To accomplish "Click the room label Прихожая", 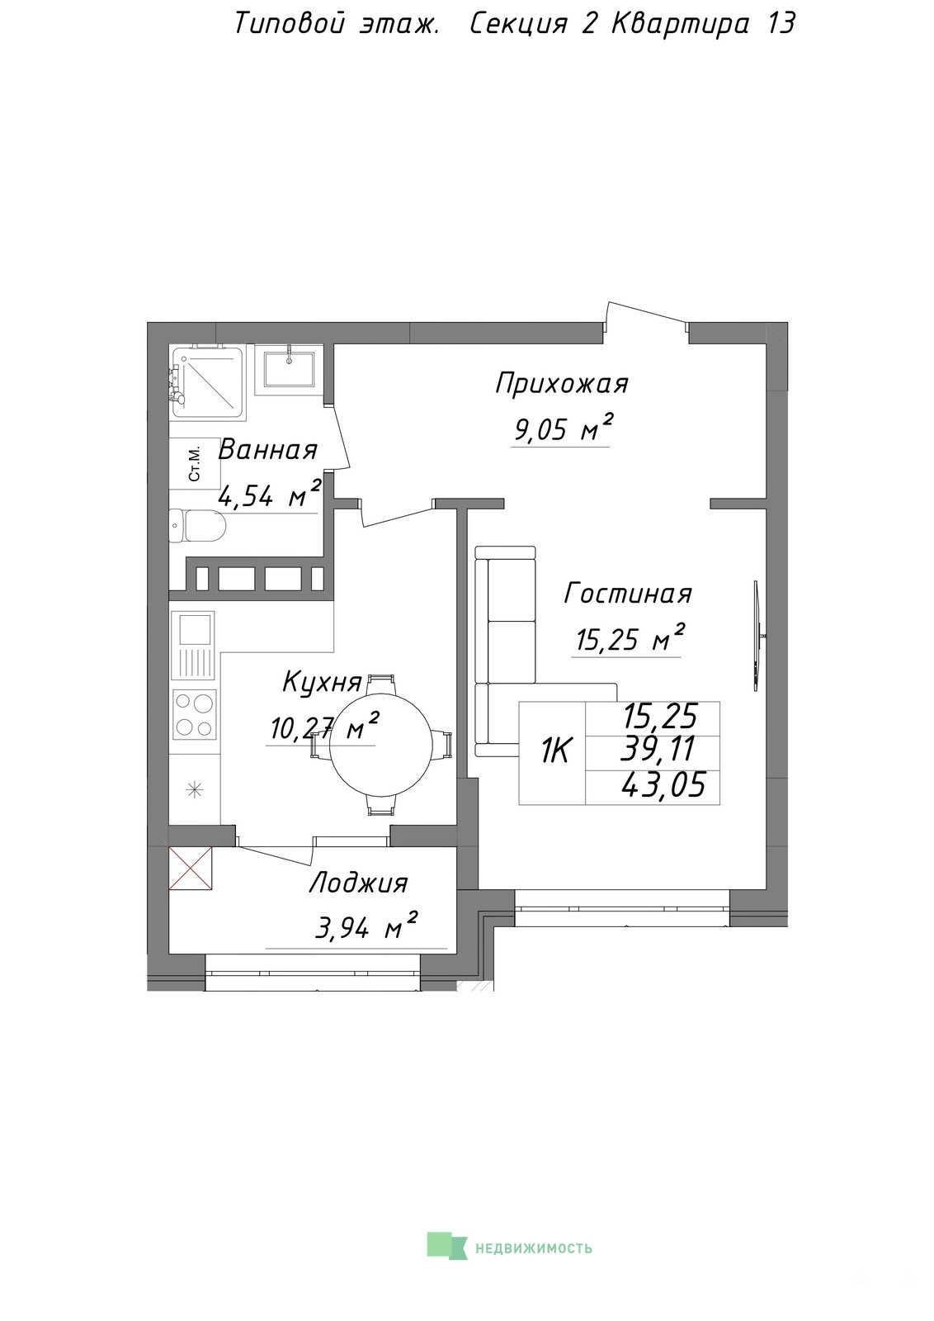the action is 562,385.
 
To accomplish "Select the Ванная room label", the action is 267,450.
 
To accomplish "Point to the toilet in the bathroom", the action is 197,526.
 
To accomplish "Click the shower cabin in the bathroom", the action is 207,384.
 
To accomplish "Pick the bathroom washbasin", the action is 289,370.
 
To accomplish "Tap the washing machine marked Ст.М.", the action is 195,463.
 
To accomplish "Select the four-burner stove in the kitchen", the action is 194,715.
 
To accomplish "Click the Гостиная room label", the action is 628,594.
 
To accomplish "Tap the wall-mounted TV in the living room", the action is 757,635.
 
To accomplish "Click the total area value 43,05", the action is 663,787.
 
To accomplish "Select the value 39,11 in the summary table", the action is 659,750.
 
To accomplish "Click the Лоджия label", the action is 358,884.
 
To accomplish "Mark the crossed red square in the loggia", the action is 191,868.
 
